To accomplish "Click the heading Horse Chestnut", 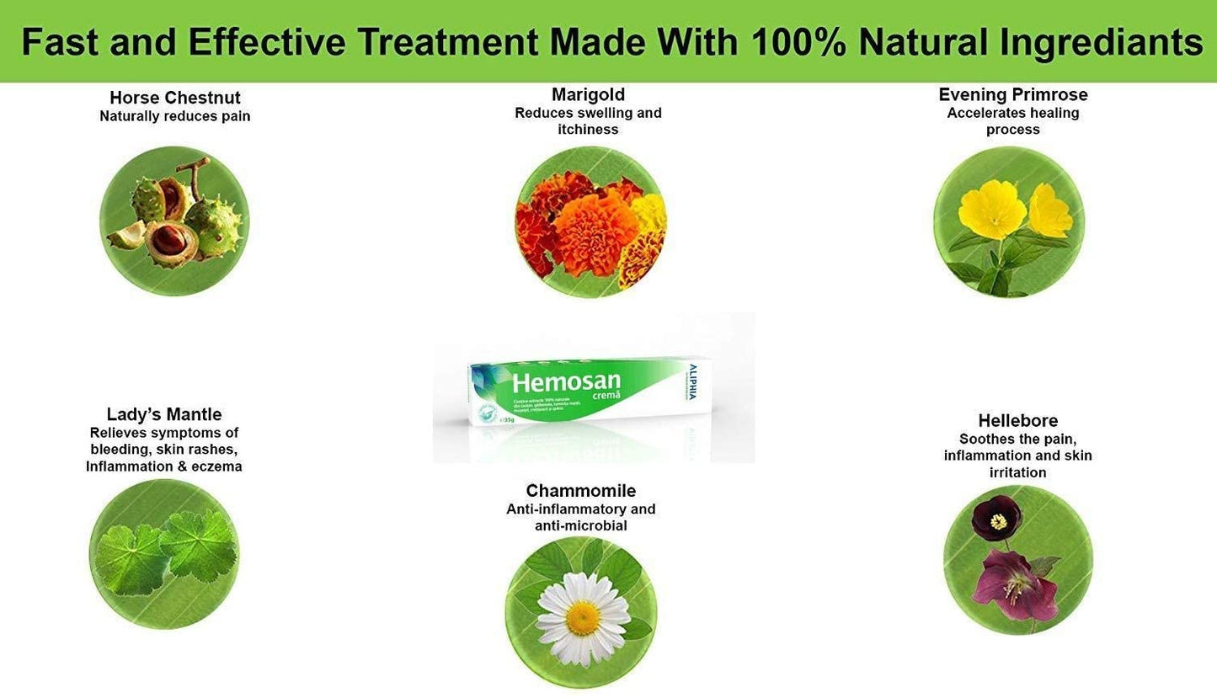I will (174, 98).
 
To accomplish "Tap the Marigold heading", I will (588, 94).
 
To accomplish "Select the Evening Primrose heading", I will (1013, 94).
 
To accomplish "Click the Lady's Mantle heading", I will (164, 414).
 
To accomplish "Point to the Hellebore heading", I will (1017, 420).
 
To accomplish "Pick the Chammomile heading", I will (580, 490).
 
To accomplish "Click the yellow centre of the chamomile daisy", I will (582, 618).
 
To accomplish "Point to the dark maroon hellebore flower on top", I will (996, 520).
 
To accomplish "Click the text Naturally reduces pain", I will (174, 116).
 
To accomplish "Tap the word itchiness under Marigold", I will (588, 130).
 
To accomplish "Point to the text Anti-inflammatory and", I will (580, 509).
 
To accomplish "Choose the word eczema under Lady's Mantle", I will (216, 466).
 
